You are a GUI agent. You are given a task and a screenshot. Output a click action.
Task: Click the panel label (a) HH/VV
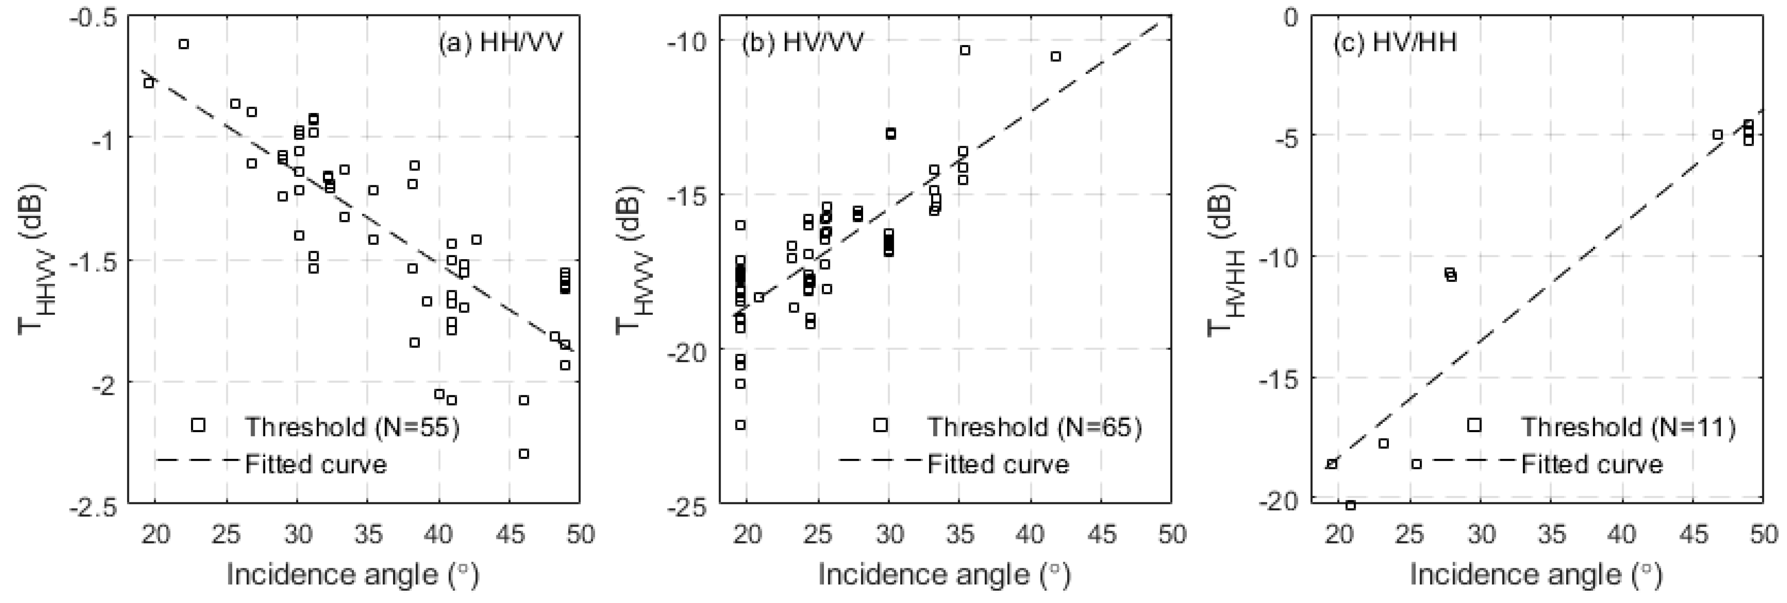(x=499, y=43)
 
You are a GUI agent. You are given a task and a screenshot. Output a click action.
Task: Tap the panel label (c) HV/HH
(x=1394, y=43)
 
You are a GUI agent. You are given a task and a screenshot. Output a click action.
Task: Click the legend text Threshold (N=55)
(x=352, y=427)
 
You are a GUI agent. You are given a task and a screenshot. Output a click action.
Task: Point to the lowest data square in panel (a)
(x=524, y=453)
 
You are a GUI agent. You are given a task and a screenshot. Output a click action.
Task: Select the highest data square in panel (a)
(x=184, y=44)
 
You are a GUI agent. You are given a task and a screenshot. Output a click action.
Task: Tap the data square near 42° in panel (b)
(x=1055, y=56)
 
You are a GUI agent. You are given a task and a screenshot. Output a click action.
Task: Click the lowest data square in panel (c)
(x=1351, y=505)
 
